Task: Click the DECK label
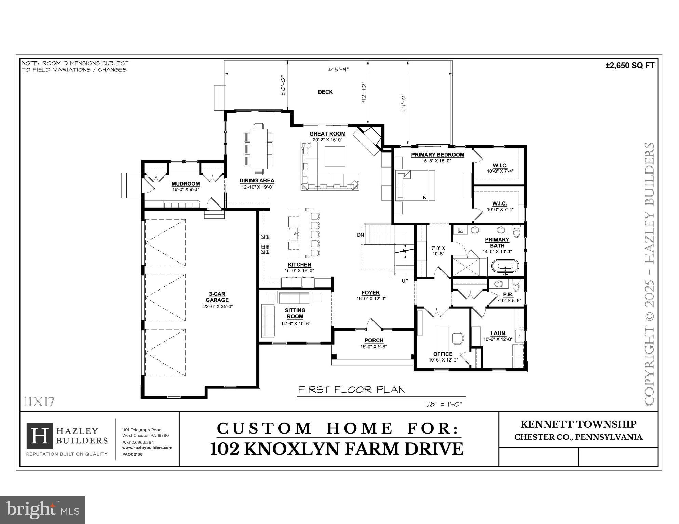pos(325,92)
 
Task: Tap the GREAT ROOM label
pos(327,134)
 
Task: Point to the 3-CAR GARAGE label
pos(217,297)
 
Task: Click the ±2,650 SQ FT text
pos(629,66)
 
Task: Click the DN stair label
pos(361,235)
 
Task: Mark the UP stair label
pos(405,281)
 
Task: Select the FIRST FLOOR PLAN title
pos(352,390)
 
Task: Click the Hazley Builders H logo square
pos(40,436)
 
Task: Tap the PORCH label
pos(374,340)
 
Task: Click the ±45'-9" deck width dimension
pos(338,69)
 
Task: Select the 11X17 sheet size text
pos(39,402)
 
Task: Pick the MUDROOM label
pos(186,184)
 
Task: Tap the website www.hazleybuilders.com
pos(147,448)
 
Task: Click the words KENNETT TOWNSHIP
pos(578,424)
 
